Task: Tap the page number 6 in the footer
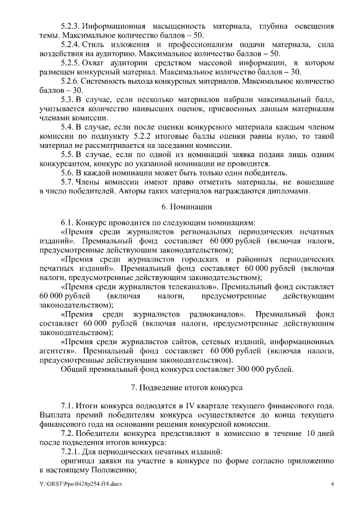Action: pyautogui.click(x=332, y=484)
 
